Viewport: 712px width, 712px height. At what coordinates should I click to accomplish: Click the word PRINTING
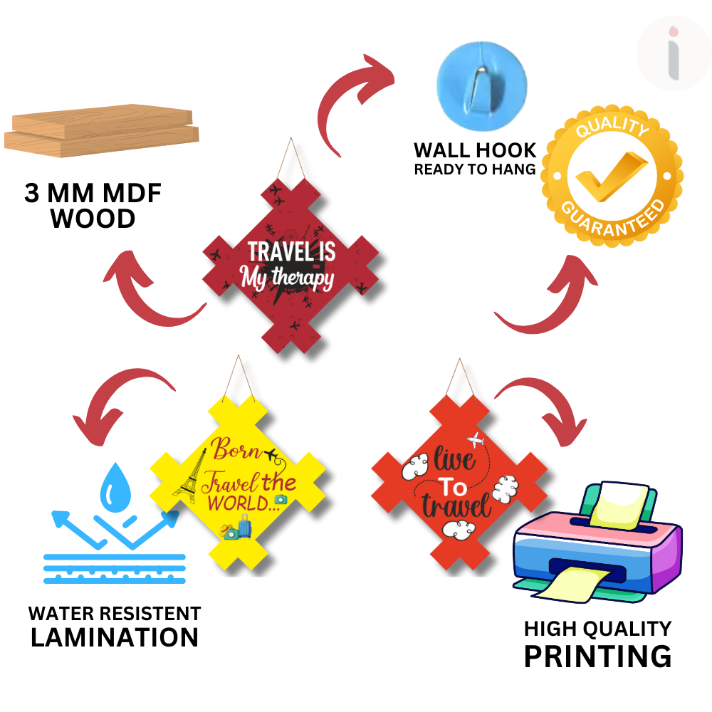(597, 656)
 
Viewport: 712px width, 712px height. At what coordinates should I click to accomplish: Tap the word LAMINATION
(115, 637)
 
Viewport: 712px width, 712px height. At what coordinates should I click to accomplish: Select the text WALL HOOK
(475, 150)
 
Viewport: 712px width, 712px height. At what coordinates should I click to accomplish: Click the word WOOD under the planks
(93, 219)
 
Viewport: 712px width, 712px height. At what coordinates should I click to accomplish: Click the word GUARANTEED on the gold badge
(612, 218)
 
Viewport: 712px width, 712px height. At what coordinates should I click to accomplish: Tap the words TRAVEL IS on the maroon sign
(290, 251)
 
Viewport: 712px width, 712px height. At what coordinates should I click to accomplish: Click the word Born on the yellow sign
(237, 451)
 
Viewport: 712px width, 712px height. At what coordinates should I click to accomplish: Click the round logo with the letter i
(673, 54)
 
